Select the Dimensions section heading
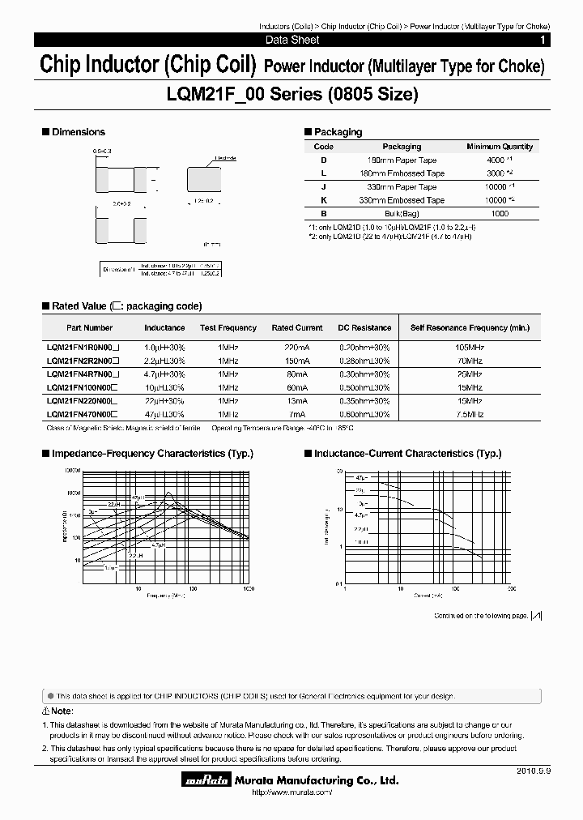click(78, 131)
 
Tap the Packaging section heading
click(338, 132)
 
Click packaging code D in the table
click(323, 160)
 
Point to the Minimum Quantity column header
click(500, 147)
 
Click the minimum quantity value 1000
click(500, 213)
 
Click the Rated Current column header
click(297, 327)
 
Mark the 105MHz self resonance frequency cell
click(470, 347)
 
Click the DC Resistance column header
click(364, 327)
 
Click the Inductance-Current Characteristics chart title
click(408, 454)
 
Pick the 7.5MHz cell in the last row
click(470, 414)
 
